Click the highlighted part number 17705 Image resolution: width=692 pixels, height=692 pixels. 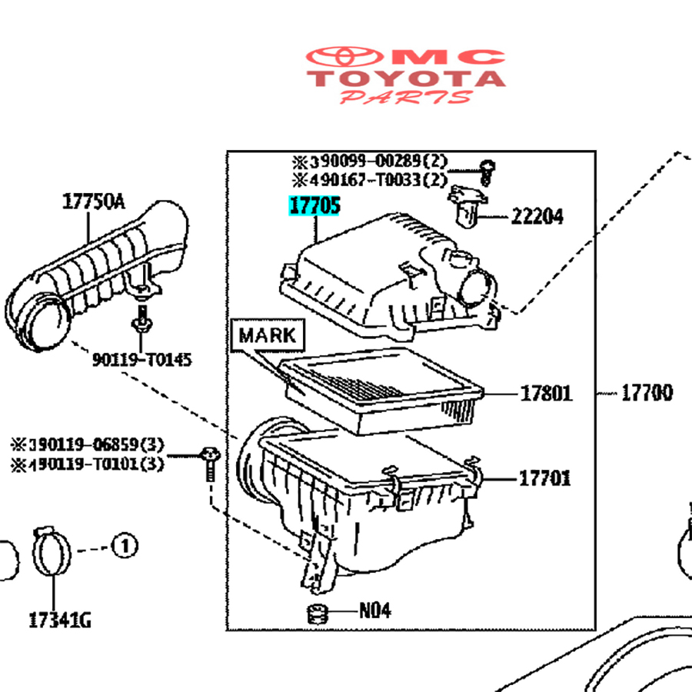click(314, 207)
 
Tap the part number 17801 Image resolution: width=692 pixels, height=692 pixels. click(546, 394)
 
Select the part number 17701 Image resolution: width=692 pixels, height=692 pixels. click(545, 478)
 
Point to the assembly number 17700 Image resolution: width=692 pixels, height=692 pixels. click(647, 394)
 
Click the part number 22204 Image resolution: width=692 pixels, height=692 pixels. click(537, 217)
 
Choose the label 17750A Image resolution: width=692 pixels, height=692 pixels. click(92, 202)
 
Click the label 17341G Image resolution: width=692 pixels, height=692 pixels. click(59, 619)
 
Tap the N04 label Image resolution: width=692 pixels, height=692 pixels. click(375, 611)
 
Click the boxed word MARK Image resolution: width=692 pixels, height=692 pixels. click(267, 335)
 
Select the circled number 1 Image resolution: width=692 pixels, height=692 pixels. click(125, 547)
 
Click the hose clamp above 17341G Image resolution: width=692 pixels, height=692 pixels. click(52, 552)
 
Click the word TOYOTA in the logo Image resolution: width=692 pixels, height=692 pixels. click(408, 78)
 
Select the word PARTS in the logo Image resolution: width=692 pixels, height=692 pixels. click(407, 98)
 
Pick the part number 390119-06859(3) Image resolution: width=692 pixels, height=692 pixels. click(87, 445)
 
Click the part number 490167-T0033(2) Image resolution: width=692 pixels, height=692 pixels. click(368, 181)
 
